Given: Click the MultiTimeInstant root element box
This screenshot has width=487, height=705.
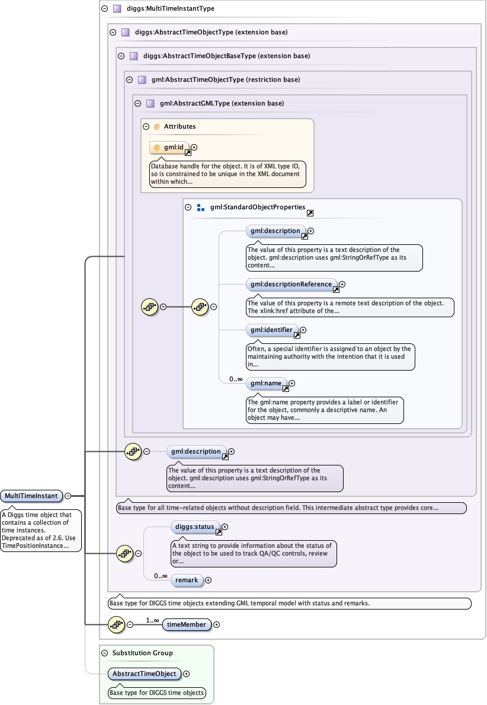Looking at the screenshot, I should [31, 496].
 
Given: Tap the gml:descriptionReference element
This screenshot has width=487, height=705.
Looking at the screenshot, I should [291, 284].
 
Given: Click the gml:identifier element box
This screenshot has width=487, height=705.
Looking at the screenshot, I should [271, 330].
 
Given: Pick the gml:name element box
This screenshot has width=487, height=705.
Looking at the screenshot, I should [266, 384].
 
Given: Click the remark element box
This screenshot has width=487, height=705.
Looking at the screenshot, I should [187, 580].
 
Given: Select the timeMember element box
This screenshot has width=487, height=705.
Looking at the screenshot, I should [186, 624].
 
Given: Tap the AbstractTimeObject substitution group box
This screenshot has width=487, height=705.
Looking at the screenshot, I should [145, 674].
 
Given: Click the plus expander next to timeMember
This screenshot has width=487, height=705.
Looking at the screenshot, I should [216, 624].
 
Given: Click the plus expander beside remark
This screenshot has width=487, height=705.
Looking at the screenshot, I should [208, 580].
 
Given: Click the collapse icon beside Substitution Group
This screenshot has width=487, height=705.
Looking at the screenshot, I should [105, 653].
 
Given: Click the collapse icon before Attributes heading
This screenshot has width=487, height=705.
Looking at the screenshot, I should [146, 126].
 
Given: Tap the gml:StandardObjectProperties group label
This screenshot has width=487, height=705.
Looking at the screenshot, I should [257, 208].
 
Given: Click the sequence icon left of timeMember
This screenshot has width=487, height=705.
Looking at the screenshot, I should [116, 624].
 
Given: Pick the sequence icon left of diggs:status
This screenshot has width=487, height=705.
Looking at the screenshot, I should [124, 554].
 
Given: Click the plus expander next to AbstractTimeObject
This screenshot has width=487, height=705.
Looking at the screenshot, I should [187, 674].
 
